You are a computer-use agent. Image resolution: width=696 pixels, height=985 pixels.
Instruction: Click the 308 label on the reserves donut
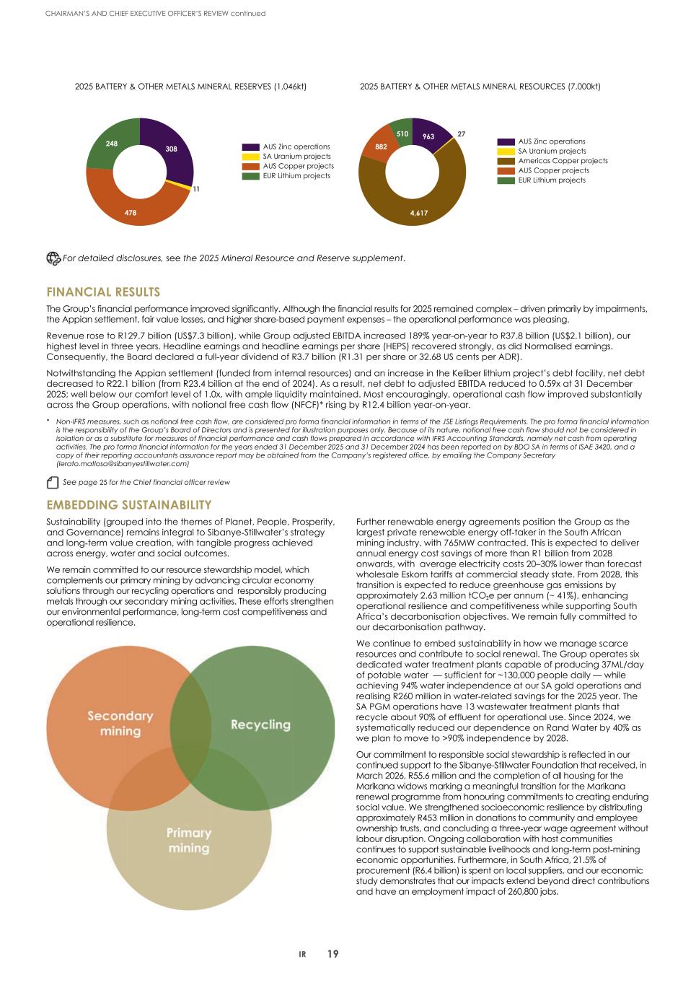pyautogui.click(x=171, y=149)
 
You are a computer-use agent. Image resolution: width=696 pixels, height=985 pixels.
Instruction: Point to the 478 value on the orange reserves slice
pyautogui.click(x=131, y=213)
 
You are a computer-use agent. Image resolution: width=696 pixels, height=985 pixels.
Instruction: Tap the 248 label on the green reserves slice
pyautogui.click(x=112, y=144)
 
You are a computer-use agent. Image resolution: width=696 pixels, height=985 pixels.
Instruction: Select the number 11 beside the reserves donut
pyautogui.click(x=195, y=189)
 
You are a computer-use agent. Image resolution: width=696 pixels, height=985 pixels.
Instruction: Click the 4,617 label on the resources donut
pyautogui.click(x=419, y=213)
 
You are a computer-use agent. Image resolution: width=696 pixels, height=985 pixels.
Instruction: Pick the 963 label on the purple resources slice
pyautogui.click(x=428, y=136)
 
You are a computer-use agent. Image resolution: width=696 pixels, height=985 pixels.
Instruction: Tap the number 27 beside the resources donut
pyautogui.click(x=462, y=133)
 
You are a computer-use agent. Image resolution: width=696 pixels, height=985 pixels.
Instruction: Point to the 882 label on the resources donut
pyautogui.click(x=382, y=146)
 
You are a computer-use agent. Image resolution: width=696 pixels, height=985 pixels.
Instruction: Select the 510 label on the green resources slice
pyautogui.click(x=402, y=133)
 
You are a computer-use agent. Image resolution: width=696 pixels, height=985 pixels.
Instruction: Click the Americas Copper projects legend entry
pyautogui.click(x=563, y=161)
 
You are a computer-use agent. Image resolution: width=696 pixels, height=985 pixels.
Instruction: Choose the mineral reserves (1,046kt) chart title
pyautogui.click(x=191, y=87)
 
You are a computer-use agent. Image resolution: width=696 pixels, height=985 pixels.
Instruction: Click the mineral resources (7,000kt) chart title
pyautogui.click(x=480, y=87)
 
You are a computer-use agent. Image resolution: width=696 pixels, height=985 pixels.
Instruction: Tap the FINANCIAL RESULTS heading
pyautogui.click(x=103, y=292)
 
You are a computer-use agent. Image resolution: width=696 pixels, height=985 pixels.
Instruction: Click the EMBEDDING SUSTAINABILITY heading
pyautogui.click(x=129, y=504)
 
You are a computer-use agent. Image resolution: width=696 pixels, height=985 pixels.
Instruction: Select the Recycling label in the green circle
pyautogui.click(x=260, y=724)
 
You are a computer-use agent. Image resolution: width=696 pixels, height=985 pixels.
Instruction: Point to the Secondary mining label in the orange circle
pyautogui.click(x=120, y=723)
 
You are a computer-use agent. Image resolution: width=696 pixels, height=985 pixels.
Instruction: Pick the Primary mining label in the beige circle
pyautogui.click(x=189, y=840)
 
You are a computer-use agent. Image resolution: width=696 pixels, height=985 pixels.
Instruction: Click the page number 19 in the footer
pyautogui.click(x=332, y=954)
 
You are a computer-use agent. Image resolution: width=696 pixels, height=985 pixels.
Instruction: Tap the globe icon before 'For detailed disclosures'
pyautogui.click(x=53, y=258)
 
